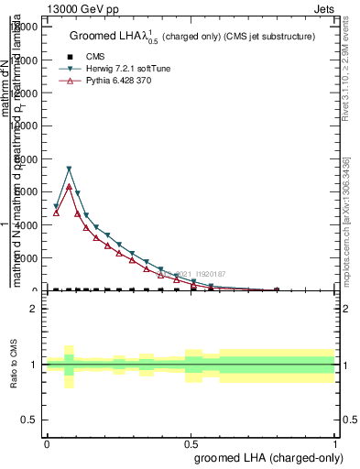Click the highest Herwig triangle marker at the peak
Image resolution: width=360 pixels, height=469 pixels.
(69, 169)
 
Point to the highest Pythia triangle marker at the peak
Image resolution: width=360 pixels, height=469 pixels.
(69, 186)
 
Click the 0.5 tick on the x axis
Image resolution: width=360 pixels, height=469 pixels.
(191, 443)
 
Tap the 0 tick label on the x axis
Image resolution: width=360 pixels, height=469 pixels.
(47, 443)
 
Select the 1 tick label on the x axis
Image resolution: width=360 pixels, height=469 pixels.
(336, 443)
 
